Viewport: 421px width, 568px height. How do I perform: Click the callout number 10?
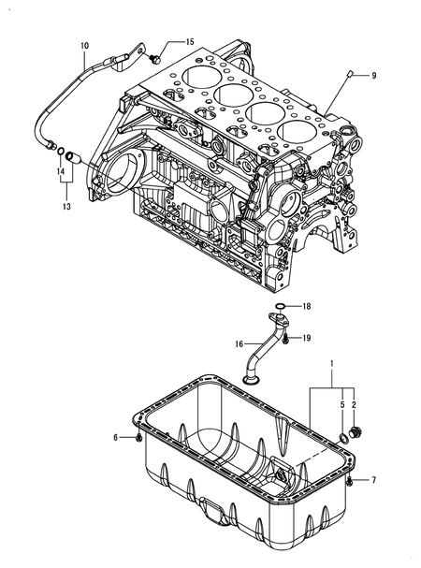[85, 45]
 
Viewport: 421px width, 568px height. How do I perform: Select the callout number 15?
[189, 43]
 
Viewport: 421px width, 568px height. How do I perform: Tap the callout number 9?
[374, 75]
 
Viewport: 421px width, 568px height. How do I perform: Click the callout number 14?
[61, 172]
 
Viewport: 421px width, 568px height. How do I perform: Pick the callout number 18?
[306, 306]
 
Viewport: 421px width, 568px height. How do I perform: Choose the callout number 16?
[240, 343]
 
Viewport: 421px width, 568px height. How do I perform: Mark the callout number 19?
[306, 338]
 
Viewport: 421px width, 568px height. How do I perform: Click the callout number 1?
[329, 362]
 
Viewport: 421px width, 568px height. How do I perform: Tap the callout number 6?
[117, 437]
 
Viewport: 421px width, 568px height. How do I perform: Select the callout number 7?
[373, 480]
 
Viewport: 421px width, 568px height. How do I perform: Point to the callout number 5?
[341, 405]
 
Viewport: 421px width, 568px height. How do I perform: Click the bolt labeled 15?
[155, 57]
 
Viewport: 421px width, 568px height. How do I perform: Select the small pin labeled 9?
[348, 74]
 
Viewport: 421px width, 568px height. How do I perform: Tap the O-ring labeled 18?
[279, 306]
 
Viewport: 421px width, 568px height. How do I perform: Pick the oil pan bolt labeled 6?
[138, 437]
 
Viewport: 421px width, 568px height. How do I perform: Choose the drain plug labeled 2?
[361, 432]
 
